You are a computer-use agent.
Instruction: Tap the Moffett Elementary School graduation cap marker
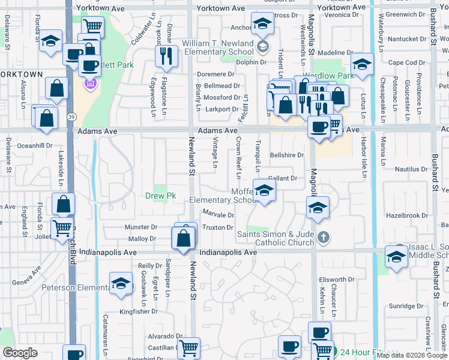(x=264, y=191)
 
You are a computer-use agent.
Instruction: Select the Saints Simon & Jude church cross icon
(x=324, y=237)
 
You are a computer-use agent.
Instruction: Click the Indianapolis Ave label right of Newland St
(x=228, y=253)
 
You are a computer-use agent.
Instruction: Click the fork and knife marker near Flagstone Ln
(x=166, y=56)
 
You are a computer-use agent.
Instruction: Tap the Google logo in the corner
(x=20, y=353)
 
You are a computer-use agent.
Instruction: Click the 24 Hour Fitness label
(x=369, y=352)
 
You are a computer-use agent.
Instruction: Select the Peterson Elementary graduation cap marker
(x=121, y=284)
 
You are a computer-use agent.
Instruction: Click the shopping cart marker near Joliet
(x=62, y=228)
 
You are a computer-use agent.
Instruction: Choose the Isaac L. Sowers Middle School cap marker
(x=396, y=256)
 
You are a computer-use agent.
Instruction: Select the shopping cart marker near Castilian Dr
(x=189, y=347)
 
